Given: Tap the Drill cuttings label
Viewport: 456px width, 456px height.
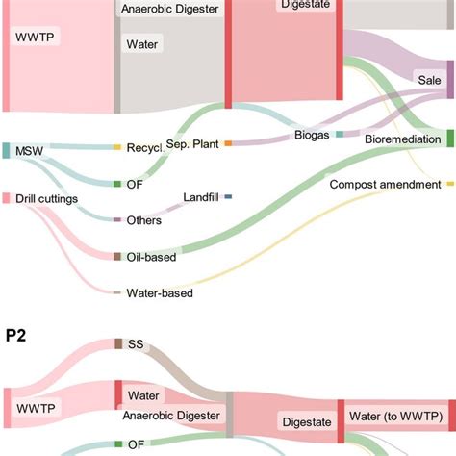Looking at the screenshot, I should pos(45,198).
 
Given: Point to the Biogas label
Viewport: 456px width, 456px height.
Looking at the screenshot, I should pos(311,136).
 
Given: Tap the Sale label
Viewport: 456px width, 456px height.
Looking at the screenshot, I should pos(427,79).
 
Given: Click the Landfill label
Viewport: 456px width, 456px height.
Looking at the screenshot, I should pos(202,197).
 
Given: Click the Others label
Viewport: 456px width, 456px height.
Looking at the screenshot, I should pos(144,220).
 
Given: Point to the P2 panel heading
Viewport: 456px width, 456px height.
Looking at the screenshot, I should pos(14,335).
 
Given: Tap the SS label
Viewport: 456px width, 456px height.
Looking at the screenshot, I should pos(136,343).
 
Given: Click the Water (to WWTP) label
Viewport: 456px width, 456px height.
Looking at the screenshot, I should pos(394,416).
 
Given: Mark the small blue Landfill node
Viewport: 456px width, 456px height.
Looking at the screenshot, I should pos(228,197).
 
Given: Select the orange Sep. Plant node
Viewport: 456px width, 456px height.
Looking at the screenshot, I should pos(228,143).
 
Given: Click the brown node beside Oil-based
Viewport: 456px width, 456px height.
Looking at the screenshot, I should pos(117,257).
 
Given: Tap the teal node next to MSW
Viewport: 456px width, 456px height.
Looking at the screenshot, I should pos(6,150).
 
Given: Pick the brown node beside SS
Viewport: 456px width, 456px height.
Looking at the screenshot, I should pos(118,343).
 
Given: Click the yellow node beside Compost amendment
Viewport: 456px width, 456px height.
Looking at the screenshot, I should pos(449,183).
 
